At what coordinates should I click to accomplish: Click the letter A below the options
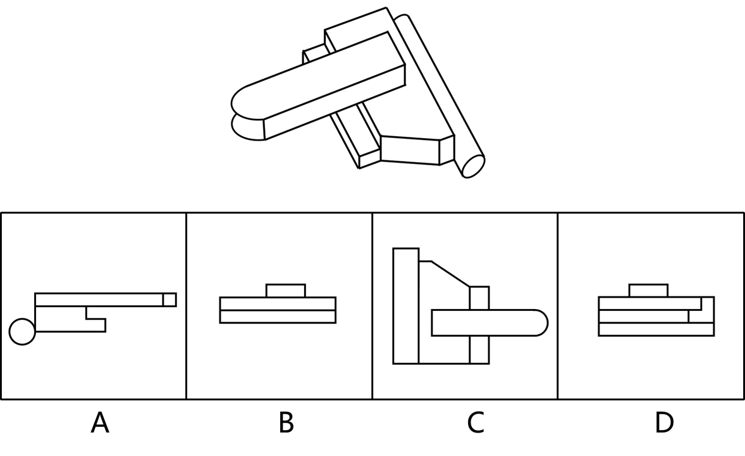coord(100,423)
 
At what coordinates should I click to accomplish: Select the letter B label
coord(286,423)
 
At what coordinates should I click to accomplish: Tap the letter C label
coord(476,423)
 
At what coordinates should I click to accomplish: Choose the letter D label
coord(664,423)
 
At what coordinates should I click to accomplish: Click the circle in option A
coord(22,331)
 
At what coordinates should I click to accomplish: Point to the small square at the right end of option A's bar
coord(169,300)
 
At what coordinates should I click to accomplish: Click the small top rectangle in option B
coord(286,291)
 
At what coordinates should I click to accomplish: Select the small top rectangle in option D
coord(648,291)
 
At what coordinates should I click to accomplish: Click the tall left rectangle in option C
coord(406,306)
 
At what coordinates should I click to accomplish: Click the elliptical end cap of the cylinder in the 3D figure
coord(473,167)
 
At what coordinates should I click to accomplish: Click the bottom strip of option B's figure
coord(278,317)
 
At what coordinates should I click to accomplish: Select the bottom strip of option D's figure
coord(656,329)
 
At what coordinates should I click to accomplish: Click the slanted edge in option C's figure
coord(450,274)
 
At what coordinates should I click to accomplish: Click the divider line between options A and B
coord(186,306)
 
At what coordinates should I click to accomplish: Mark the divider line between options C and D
coord(557,306)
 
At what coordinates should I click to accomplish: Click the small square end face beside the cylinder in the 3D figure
coord(446,151)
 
